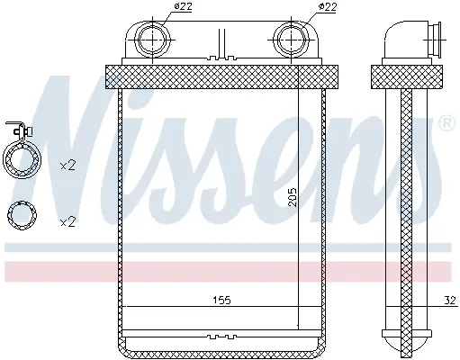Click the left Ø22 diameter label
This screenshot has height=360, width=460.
tap(183, 6)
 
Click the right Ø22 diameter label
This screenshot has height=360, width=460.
tap(327, 6)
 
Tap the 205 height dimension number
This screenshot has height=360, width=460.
tap(292, 197)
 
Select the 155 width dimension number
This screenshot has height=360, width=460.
tap(221, 300)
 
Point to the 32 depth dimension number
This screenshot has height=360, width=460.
tap(449, 300)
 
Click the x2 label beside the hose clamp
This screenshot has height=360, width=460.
tap(68, 166)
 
